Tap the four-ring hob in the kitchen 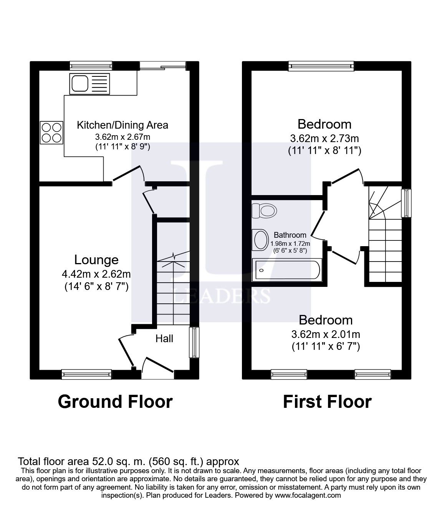coord(51,132)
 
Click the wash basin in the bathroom coord(260,240)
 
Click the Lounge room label coord(96,260)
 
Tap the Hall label coord(164,338)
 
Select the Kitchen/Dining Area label coord(123,125)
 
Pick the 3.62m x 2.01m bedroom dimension coord(326,334)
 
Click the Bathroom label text coord(290,235)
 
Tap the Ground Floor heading coord(115,402)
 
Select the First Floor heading coord(327,402)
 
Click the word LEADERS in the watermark coord(222,296)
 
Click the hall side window coord(195,342)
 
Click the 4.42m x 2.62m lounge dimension coord(96,274)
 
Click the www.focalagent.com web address coord(308,495)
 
